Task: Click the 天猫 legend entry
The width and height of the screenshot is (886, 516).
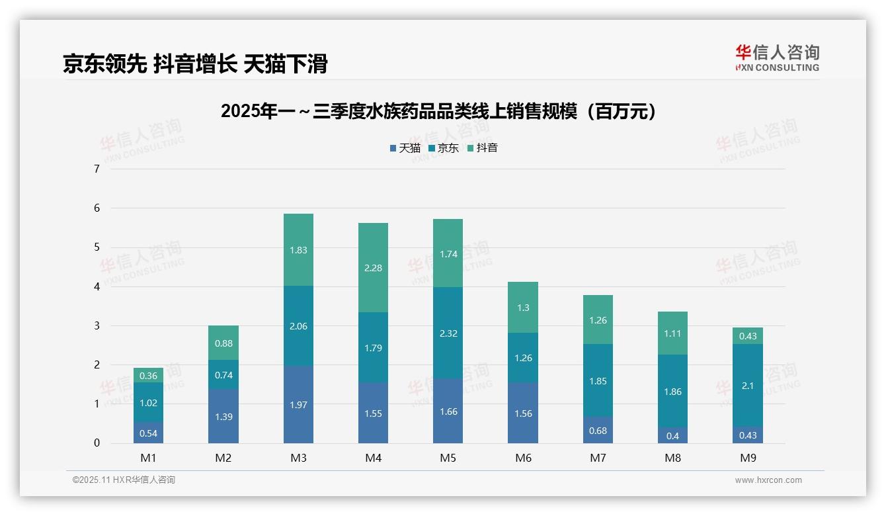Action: click(x=405, y=148)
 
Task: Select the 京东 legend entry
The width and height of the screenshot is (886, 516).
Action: click(x=444, y=148)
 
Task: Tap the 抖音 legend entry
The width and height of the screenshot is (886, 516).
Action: click(x=483, y=148)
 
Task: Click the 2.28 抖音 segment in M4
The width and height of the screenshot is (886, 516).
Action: click(x=373, y=268)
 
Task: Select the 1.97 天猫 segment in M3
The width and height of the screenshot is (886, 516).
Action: click(x=298, y=404)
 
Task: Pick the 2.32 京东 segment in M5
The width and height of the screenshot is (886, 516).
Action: click(x=448, y=333)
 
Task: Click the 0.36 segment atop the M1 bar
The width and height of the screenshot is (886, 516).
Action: click(x=148, y=375)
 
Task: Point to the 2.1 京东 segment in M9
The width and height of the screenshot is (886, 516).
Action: click(x=747, y=385)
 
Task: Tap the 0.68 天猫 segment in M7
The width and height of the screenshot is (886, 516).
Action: click(x=598, y=430)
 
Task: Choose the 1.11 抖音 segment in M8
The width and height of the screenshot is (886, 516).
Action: click(x=672, y=333)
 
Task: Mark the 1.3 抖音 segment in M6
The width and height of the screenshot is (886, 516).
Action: click(x=522, y=307)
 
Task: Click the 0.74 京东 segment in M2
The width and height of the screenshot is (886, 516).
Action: click(x=223, y=374)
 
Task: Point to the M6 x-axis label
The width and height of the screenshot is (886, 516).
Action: click(x=522, y=458)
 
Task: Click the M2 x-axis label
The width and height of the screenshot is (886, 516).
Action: click(x=223, y=458)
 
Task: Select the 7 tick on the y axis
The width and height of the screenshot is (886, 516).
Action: click(x=97, y=169)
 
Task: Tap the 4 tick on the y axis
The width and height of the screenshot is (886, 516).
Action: click(x=97, y=286)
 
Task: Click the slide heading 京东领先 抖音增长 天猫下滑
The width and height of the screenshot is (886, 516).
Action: click(x=195, y=64)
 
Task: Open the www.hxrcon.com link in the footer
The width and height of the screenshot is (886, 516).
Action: click(x=768, y=480)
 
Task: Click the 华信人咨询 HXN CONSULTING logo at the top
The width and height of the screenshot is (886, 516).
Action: click(x=778, y=58)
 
